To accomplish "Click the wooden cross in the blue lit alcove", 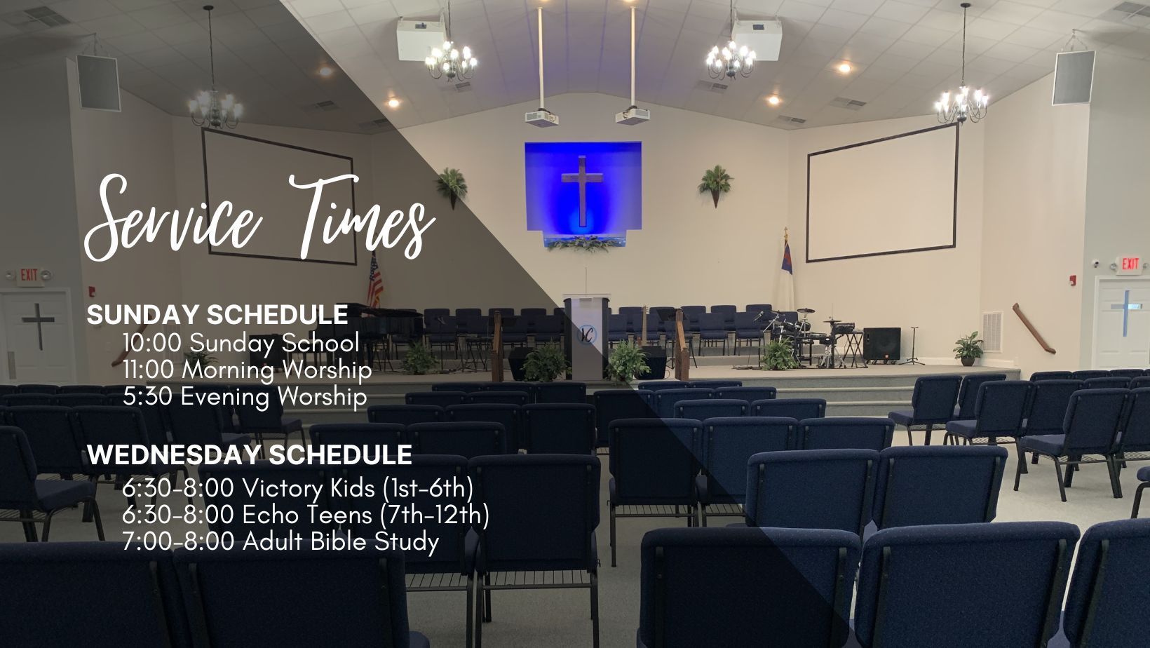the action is click(x=582, y=190).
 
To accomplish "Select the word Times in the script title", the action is click(x=362, y=217).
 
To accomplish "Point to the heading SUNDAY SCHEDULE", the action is click(x=217, y=315).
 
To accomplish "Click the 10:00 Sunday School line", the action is click(x=241, y=343).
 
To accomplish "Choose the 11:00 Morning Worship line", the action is click(x=247, y=370).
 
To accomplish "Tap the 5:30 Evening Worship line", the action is click(x=245, y=397).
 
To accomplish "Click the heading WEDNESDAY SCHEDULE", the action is click(x=250, y=455).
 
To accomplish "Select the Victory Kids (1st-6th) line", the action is click(x=298, y=488).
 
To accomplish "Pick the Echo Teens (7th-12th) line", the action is click(x=306, y=515).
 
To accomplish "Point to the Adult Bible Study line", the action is click(x=280, y=541).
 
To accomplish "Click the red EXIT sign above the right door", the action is click(x=1130, y=264).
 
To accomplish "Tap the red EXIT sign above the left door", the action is click(x=29, y=275).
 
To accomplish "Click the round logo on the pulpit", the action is click(x=586, y=335).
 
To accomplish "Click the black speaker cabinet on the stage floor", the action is click(x=881, y=344).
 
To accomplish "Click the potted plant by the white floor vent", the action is click(x=968, y=349).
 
